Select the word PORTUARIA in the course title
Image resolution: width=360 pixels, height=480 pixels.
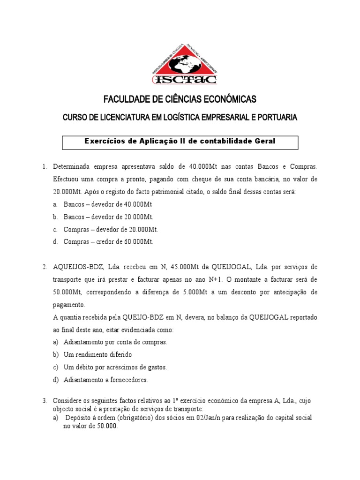tap(277, 118)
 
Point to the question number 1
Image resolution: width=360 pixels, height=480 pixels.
tap(45, 167)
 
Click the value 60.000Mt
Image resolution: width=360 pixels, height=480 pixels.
tap(139, 242)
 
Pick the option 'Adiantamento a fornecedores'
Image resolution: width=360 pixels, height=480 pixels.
tap(105, 380)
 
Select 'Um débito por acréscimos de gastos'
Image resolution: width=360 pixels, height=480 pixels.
tap(115, 367)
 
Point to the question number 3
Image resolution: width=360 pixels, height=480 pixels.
tap(45, 401)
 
